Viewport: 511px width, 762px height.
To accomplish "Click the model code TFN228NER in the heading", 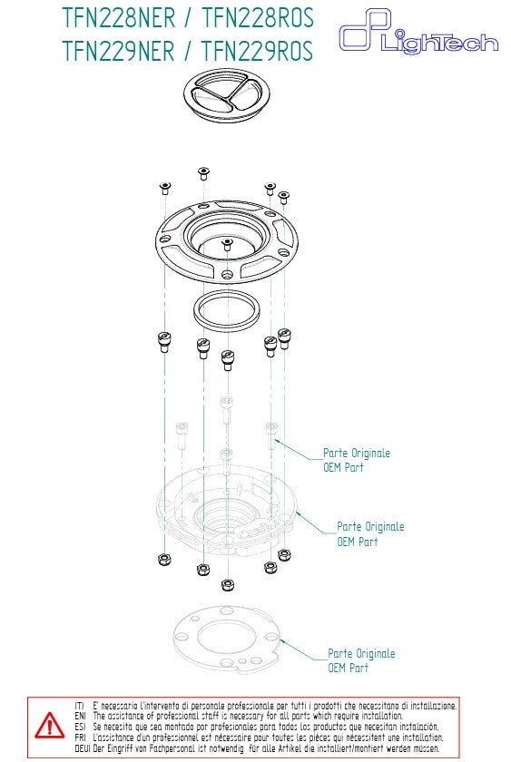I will coord(124,19).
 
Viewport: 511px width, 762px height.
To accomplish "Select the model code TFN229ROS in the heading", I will coord(257,51).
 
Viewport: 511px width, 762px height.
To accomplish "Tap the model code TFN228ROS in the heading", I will coord(257,19).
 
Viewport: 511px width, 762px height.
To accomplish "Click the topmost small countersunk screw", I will coord(202,171).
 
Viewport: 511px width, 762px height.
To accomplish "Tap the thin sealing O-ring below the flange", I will coord(228,311).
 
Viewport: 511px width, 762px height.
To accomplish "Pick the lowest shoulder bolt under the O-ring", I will coord(227,359).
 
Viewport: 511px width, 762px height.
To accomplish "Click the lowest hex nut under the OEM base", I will coord(227,585).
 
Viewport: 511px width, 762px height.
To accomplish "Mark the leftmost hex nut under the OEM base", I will coord(163,557).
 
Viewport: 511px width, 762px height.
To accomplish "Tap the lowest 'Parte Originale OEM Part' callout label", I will coord(360,660).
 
